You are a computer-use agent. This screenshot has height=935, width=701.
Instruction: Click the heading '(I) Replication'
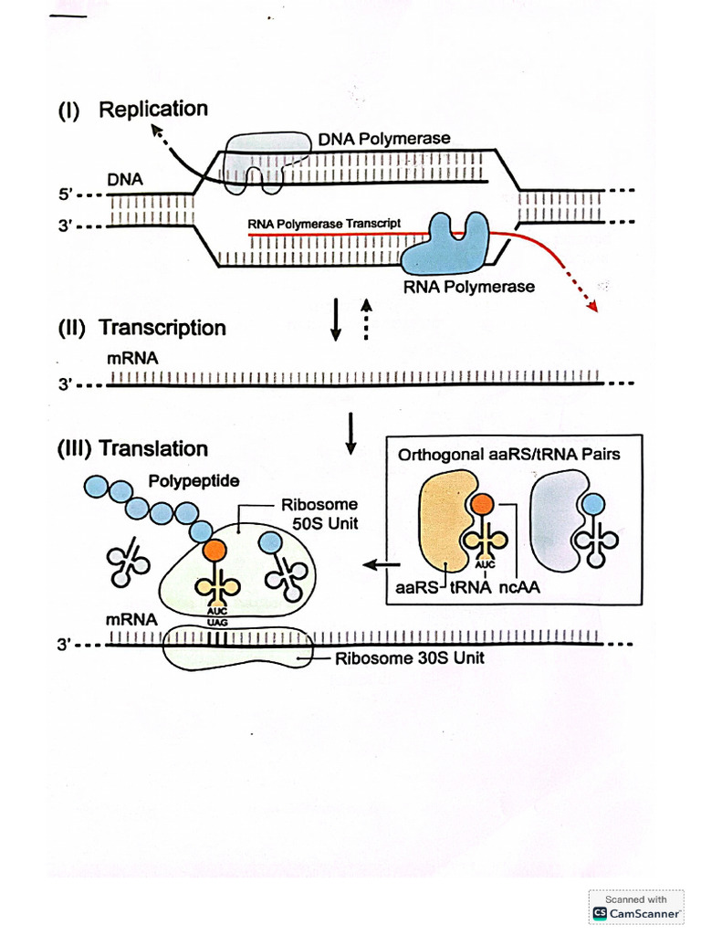coord(133,110)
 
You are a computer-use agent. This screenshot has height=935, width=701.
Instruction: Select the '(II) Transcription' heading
coord(142,328)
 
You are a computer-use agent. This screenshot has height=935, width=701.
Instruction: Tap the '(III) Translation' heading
coord(133,448)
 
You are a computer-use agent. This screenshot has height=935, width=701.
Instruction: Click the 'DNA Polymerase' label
coord(384,139)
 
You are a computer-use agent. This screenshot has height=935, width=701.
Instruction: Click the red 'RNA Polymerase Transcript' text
coord(324,224)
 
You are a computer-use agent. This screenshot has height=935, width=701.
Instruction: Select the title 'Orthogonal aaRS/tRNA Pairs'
coord(508,454)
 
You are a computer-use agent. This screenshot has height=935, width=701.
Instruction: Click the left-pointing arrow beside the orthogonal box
coord(374,565)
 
